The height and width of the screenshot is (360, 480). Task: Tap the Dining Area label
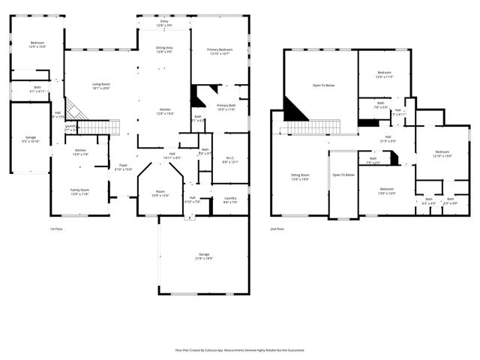pos(164,50)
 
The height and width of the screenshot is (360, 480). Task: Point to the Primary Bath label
pos(226,107)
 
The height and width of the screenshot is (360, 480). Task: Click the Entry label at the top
pos(164,24)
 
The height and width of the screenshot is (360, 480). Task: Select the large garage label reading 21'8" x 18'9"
pos(204,256)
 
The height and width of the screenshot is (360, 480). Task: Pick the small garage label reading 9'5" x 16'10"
pos(31,139)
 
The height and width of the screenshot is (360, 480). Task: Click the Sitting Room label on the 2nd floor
pos(300,177)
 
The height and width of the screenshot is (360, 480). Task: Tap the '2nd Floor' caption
pos(277,228)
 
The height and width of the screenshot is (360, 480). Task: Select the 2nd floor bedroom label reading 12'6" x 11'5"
pos(384,75)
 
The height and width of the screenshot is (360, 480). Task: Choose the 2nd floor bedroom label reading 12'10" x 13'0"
pos(442,154)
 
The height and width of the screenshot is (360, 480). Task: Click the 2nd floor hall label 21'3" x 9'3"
pos(388,139)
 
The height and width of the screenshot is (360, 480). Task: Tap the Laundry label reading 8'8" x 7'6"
pos(230,199)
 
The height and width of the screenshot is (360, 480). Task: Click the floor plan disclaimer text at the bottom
pos(240,349)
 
